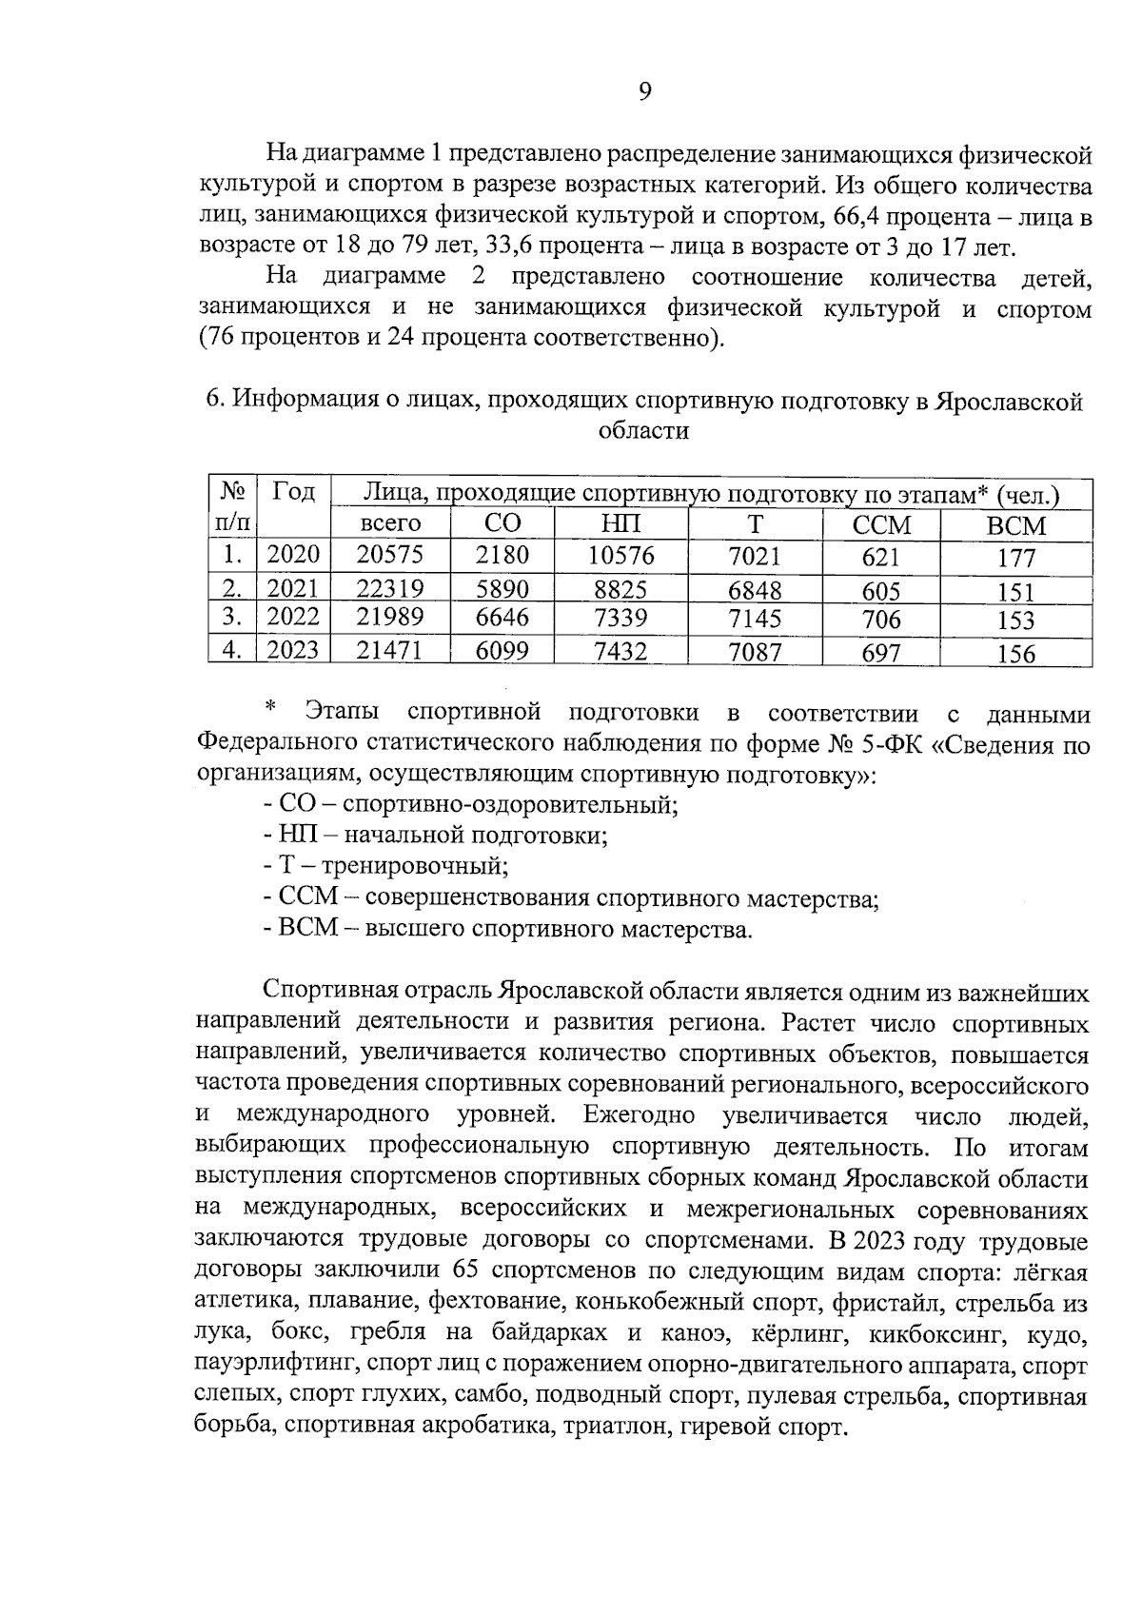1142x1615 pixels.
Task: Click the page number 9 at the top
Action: click(x=644, y=91)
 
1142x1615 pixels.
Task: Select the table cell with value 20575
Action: click(x=389, y=554)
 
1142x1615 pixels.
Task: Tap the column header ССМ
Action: click(x=881, y=525)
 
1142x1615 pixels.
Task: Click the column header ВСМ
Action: click(x=1015, y=525)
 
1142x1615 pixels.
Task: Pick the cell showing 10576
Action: click(x=621, y=554)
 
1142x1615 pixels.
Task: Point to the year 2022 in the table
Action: click(x=292, y=618)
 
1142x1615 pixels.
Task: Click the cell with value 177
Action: click(x=1015, y=558)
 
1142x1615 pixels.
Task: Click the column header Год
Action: click(x=293, y=492)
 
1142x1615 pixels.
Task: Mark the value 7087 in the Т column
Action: click(x=755, y=653)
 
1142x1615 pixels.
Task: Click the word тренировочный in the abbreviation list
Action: click(x=414, y=866)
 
